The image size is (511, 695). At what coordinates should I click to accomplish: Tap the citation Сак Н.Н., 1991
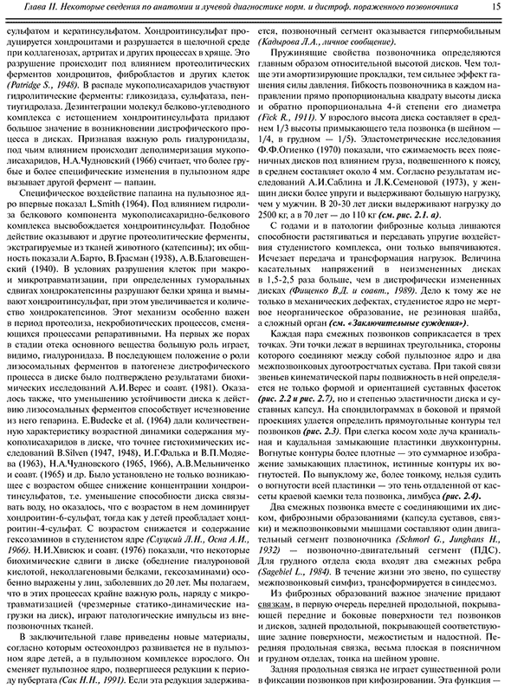point(111,681)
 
